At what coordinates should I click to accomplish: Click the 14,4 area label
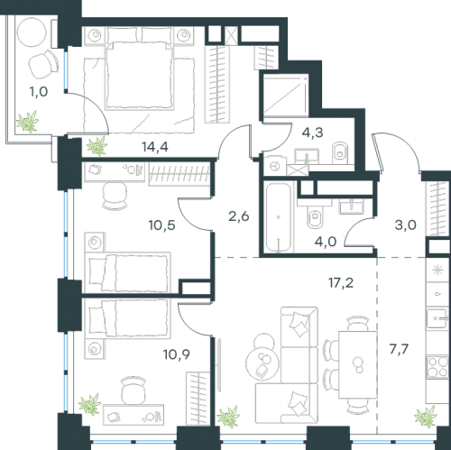(155, 147)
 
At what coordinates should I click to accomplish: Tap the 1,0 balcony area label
(39, 92)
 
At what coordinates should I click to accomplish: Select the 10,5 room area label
(161, 225)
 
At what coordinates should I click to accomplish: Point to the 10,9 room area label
(177, 354)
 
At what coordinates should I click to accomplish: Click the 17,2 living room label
(341, 282)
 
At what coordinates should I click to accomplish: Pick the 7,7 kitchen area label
(399, 349)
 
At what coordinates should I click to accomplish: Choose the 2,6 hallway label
(239, 216)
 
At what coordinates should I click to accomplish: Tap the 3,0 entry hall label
(405, 225)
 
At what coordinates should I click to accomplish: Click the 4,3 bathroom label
(312, 133)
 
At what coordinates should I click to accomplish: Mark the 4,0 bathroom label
(326, 242)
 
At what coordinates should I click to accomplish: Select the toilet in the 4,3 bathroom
(340, 152)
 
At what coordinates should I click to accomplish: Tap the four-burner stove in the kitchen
(437, 366)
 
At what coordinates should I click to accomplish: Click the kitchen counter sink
(437, 318)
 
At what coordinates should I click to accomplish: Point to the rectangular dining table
(358, 364)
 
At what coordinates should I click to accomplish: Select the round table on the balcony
(32, 32)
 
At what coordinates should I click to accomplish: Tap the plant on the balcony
(28, 122)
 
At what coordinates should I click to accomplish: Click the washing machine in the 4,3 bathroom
(275, 166)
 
